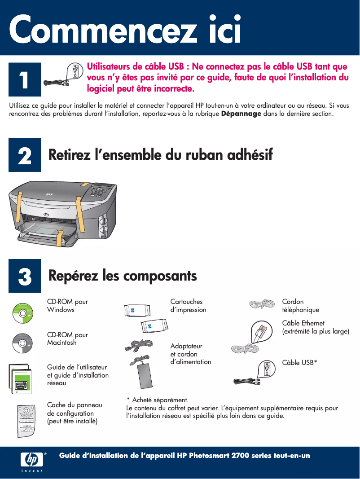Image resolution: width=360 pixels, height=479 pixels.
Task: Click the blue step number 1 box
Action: [25, 79]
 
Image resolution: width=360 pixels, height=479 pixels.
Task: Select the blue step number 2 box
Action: [25, 155]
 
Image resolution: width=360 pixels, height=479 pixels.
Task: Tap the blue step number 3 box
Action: [25, 276]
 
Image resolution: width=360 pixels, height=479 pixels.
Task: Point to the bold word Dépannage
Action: [241, 114]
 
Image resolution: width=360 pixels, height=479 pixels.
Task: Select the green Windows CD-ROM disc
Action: [22, 313]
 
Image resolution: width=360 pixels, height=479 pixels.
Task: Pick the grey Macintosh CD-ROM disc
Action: [22, 343]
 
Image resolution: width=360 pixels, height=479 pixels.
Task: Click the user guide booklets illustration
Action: [20, 379]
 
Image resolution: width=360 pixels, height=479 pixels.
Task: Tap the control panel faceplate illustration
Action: [26, 421]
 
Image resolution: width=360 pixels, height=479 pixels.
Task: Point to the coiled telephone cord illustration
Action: [259, 304]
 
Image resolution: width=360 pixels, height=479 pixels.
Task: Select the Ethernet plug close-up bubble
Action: [261, 332]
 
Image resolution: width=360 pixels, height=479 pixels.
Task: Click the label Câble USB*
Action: [299, 363]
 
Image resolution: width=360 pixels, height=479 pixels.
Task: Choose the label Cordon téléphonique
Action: [300, 306]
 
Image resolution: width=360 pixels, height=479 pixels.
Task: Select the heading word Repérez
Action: [73, 276]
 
